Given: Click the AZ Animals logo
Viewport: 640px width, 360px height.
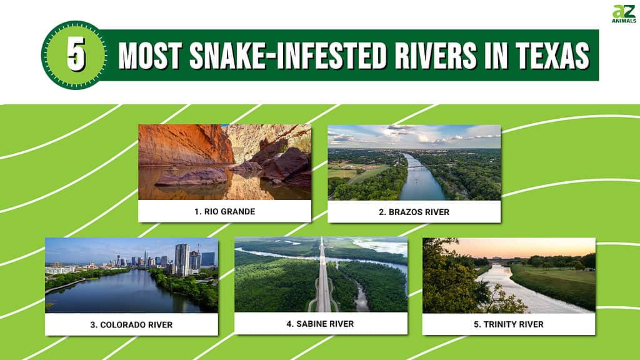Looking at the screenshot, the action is click(624, 14).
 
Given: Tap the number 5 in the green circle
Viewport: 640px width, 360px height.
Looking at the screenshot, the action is click(76, 54).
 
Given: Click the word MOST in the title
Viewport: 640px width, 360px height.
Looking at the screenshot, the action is click(150, 55).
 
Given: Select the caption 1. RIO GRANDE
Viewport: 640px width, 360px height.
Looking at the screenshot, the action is click(225, 211).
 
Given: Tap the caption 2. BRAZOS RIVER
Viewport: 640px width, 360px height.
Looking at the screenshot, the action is click(414, 212).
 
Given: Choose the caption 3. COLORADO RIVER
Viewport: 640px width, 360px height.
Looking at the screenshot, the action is click(131, 325).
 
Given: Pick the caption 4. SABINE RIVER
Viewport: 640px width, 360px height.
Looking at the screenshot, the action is click(320, 324).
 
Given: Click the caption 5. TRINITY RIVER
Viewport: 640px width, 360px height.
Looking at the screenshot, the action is click(509, 324).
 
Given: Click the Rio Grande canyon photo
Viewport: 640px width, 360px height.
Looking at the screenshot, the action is click(225, 162).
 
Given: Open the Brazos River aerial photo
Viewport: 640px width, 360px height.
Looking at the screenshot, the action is click(414, 162).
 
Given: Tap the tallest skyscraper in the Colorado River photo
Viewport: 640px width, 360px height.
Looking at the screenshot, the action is click(182, 260).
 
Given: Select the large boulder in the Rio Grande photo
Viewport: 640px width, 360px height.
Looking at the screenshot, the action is click(192, 177).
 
